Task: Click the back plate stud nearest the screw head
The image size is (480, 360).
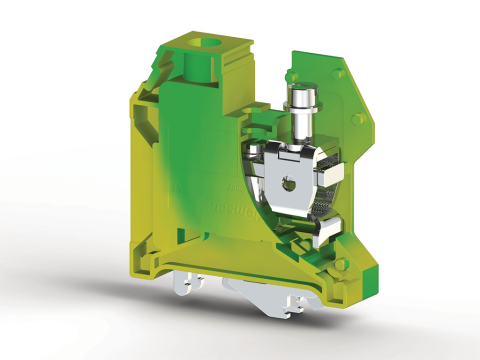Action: [x=291, y=76]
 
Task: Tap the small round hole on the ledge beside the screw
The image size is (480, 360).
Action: [x=264, y=121]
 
